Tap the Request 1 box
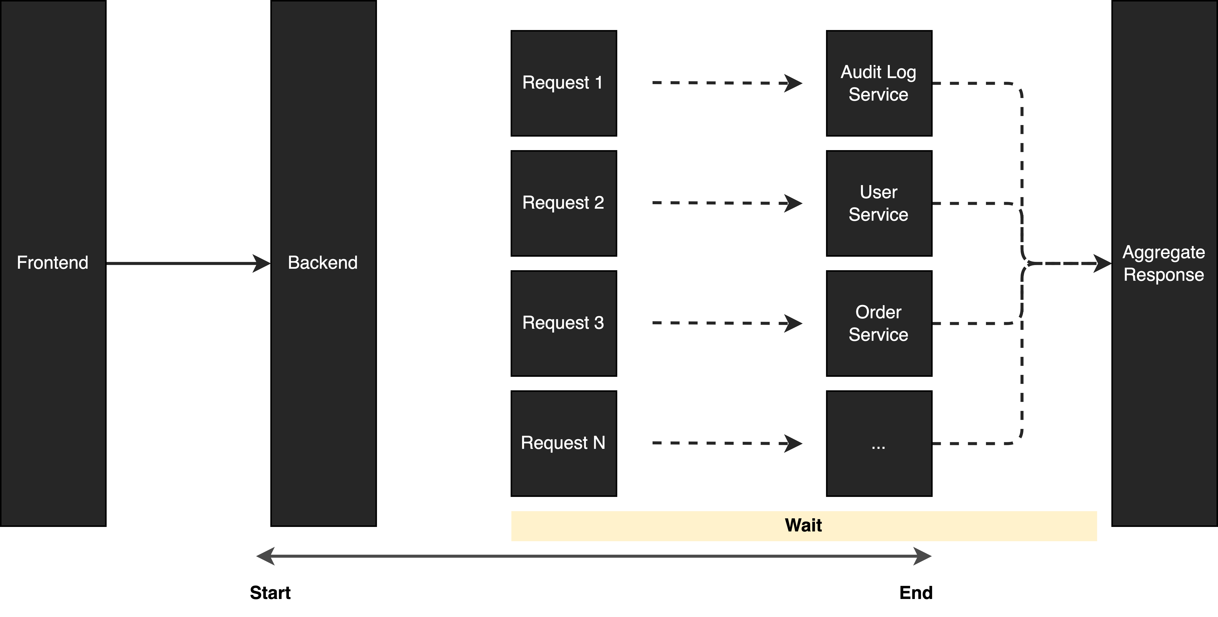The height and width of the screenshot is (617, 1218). (x=564, y=83)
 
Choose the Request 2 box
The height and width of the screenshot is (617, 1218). (x=564, y=203)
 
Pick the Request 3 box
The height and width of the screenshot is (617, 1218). (x=564, y=323)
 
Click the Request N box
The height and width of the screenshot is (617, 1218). (x=564, y=444)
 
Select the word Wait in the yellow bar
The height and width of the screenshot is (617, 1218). (x=803, y=525)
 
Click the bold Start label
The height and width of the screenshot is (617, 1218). (x=270, y=592)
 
